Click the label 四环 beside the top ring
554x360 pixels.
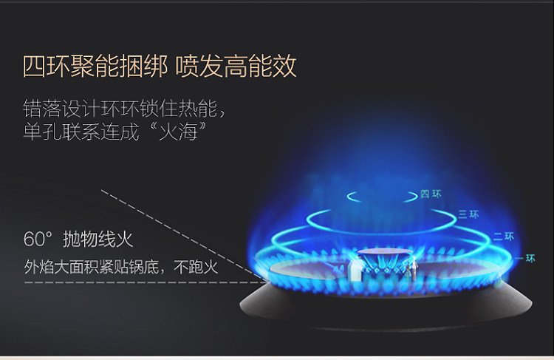point(430,194)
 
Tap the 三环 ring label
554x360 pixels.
point(468,214)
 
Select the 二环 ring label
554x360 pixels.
point(503,237)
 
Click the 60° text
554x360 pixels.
point(39,240)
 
